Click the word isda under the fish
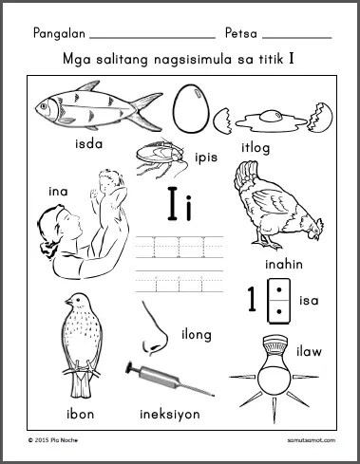tap(89, 144)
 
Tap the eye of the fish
tap(44, 105)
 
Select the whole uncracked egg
tap(192, 108)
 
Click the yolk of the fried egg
tap(271, 116)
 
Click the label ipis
tap(206, 158)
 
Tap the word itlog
tap(256, 148)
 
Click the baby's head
tap(108, 178)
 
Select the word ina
tap(58, 192)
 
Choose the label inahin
tap(284, 264)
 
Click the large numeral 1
tap(252, 299)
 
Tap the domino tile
tap(278, 301)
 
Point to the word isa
tap(309, 301)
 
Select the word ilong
tap(197, 335)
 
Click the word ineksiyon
tap(170, 415)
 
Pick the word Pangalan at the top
tap(59, 33)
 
